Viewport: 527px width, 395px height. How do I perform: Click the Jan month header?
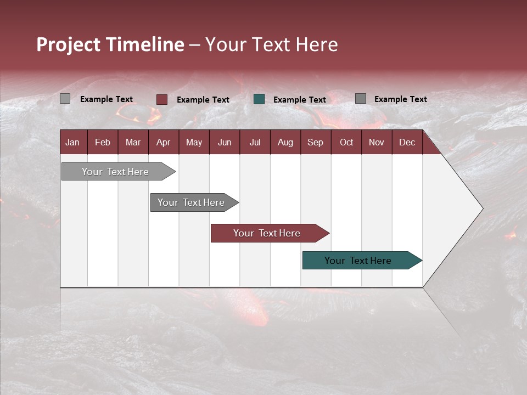point(72,142)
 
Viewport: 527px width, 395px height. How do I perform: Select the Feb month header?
point(103,142)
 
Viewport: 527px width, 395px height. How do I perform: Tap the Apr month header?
point(163,142)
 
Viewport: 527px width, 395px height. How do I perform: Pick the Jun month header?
point(224,142)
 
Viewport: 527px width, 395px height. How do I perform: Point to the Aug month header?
point(285,142)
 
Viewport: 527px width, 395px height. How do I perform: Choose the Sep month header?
point(315,142)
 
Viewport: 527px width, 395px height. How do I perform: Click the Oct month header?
point(346,142)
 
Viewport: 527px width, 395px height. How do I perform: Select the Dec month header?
point(407,142)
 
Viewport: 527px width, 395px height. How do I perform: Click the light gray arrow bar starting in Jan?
point(115,172)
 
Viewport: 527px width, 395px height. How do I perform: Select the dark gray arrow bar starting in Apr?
point(191,202)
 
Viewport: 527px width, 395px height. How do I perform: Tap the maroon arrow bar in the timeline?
point(267,233)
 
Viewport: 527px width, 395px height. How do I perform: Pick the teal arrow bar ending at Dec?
point(358,261)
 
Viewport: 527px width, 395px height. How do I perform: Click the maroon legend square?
point(162,99)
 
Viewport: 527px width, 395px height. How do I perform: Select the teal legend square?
point(259,99)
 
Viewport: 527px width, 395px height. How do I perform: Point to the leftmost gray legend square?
point(65,99)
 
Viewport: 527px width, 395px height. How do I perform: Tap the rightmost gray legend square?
point(361,99)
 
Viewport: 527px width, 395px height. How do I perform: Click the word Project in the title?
point(69,44)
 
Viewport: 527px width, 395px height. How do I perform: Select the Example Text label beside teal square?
point(299,100)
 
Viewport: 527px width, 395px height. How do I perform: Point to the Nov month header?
point(376,142)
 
